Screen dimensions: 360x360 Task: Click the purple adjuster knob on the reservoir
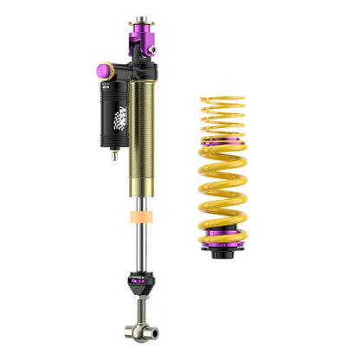pos(102,69)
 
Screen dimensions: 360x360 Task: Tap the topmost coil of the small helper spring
pos(222,100)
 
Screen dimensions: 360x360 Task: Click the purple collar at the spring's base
pos(222,241)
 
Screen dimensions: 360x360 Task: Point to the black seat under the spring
pos(222,253)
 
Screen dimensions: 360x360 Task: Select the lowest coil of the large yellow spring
pos(222,232)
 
